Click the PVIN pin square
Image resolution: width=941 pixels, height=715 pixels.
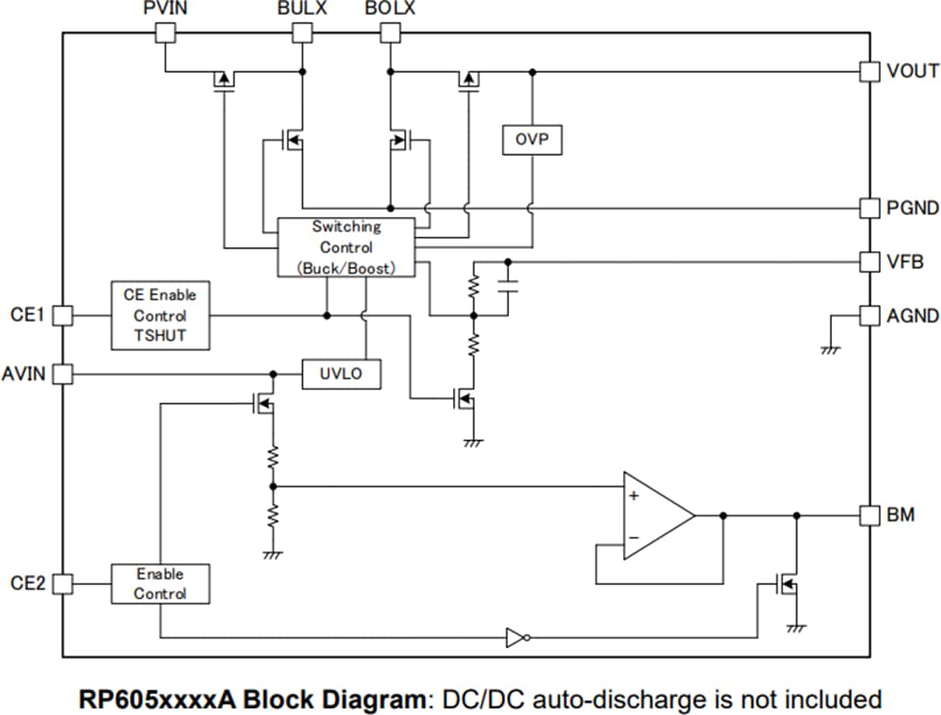click(165, 33)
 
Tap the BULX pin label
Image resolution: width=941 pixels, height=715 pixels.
click(301, 10)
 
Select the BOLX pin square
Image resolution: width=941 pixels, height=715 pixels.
click(390, 33)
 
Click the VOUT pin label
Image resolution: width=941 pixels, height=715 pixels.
click(912, 71)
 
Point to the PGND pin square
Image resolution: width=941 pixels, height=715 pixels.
click(870, 208)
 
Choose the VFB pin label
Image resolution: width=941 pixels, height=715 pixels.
click(905, 261)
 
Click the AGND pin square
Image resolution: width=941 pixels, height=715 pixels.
click(870, 315)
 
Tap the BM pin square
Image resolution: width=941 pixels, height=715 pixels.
click(870, 516)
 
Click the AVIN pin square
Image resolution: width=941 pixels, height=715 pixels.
click(63, 374)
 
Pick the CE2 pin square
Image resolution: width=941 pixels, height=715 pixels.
click(63, 583)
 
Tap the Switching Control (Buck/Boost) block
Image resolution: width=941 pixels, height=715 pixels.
click(346, 247)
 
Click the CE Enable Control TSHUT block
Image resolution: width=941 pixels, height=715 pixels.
click(160, 315)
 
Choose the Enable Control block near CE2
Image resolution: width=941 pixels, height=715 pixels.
click(160, 583)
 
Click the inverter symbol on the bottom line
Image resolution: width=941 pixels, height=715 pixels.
click(517, 638)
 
